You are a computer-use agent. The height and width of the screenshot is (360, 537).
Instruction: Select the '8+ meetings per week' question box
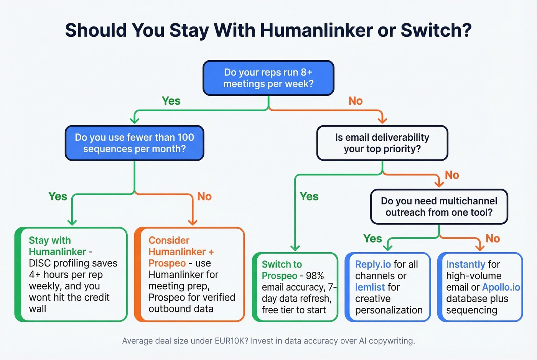click(268, 78)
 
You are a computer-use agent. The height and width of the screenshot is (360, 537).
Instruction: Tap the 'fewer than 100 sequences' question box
click(134, 143)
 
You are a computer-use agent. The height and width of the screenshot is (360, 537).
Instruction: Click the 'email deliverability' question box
click(382, 143)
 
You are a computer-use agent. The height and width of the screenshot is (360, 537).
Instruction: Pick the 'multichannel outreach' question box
click(439, 207)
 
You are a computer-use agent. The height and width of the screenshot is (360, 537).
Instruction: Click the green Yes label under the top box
click(171, 101)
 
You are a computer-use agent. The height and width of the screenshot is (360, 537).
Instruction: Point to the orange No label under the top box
click(355, 101)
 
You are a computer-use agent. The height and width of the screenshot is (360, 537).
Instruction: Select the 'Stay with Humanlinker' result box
click(71, 275)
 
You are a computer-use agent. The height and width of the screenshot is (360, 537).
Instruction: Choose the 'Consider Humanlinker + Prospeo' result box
click(189, 275)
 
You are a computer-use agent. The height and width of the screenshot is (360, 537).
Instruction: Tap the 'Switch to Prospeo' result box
click(295, 287)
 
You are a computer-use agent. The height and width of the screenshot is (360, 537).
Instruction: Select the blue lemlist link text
click(370, 287)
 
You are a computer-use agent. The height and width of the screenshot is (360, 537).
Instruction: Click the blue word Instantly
click(466, 265)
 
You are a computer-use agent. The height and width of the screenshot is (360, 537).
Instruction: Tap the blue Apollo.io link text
click(501, 287)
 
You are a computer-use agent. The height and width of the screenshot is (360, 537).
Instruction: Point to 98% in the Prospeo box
click(315, 276)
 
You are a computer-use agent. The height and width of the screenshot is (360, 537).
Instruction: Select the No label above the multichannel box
click(452, 175)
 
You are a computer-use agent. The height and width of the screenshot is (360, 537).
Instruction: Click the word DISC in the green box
click(40, 263)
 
